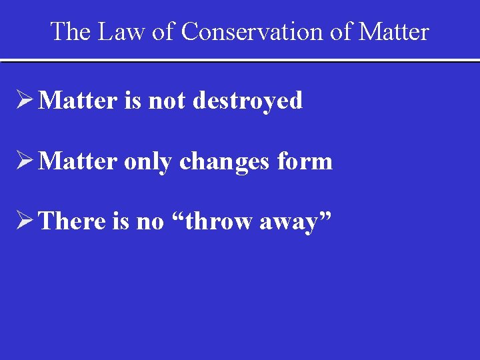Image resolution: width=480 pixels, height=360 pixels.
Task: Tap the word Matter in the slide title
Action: point(393,31)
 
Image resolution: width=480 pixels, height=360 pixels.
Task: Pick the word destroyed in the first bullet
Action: point(247,101)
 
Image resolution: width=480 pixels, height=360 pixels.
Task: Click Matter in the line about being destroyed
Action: point(78,101)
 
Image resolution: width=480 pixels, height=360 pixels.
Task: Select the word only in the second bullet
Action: point(148,161)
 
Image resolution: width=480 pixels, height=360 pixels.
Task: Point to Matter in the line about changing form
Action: point(78,161)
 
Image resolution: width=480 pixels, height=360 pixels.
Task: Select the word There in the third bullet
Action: point(73,221)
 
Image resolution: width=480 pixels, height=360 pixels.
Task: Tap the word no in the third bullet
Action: point(149,222)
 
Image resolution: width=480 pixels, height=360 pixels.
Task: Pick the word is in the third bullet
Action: point(121,221)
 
